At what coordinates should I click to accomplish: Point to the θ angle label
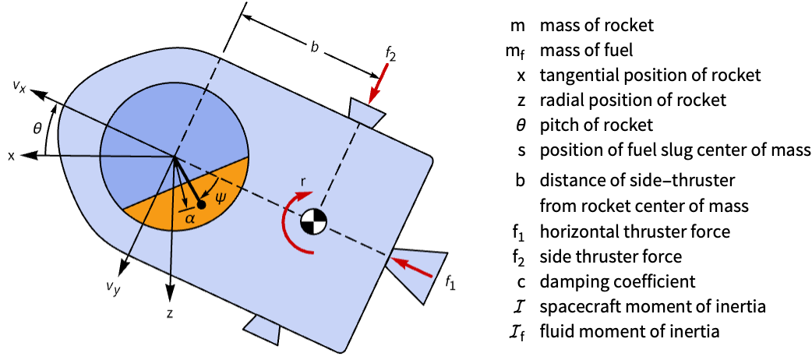pos(37,128)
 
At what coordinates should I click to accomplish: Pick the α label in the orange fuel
pos(190,217)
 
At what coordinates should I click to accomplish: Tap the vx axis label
pos(20,86)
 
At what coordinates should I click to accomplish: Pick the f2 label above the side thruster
pos(390,53)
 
